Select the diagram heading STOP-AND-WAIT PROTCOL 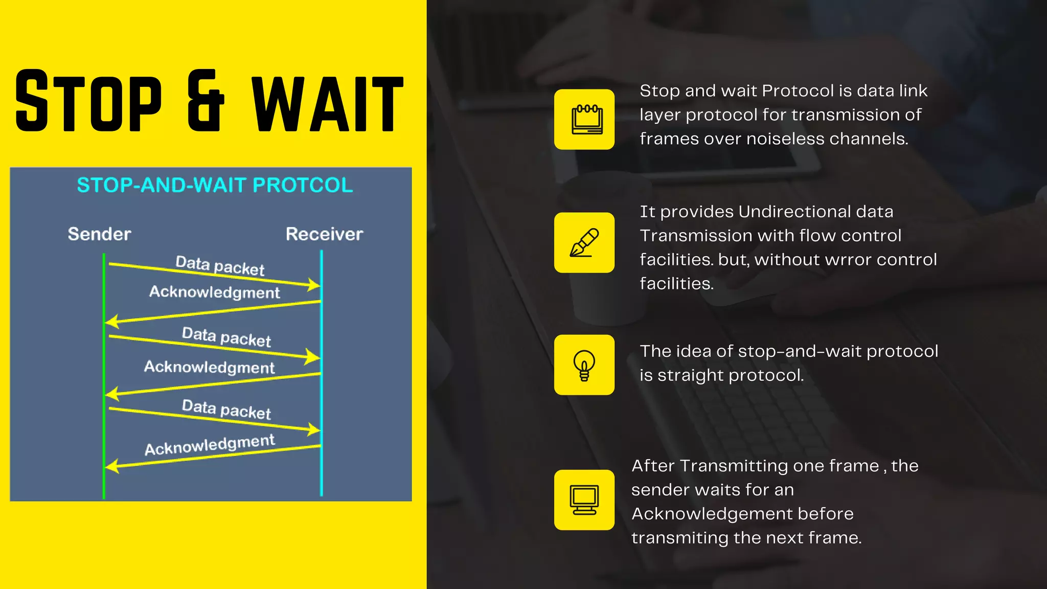[x=215, y=185]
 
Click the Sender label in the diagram [x=99, y=234]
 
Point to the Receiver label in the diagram [x=324, y=234]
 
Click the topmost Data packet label [x=220, y=265]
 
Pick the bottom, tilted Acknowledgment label [x=210, y=444]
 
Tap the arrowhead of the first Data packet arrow [x=314, y=284]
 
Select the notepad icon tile [x=584, y=120]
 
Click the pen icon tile [x=584, y=242]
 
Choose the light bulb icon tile [x=584, y=365]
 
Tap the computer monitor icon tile [x=584, y=500]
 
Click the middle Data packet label [x=226, y=337]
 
